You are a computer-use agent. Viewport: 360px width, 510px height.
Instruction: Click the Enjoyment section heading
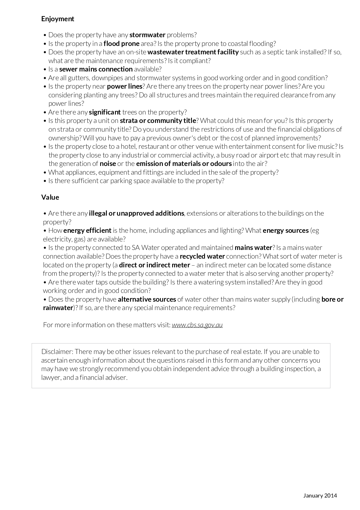click(x=57, y=19)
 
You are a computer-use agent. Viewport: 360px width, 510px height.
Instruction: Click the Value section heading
click(x=50, y=197)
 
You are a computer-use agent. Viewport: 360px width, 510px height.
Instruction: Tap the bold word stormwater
click(x=147, y=35)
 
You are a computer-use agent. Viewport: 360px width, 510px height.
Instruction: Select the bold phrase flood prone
click(x=121, y=44)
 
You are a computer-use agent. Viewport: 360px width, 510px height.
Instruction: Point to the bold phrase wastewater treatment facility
click(x=193, y=52)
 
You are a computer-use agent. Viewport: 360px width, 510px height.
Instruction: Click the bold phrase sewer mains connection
click(x=96, y=69)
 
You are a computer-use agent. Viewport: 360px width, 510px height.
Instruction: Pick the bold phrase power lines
click(x=125, y=86)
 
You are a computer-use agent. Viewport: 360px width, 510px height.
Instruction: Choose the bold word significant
click(x=105, y=112)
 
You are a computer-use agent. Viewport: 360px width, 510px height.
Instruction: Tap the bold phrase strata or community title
click(x=158, y=121)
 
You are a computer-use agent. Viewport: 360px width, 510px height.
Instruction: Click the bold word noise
click(x=108, y=164)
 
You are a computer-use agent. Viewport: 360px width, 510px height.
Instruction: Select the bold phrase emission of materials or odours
click(x=184, y=164)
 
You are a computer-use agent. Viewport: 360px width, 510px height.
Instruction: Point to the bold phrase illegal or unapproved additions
click(x=136, y=213)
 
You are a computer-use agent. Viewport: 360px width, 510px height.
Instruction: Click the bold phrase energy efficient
click(x=87, y=230)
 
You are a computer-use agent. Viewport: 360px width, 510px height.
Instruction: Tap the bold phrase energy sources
click(x=285, y=230)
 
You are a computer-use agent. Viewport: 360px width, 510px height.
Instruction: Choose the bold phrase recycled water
click(x=202, y=256)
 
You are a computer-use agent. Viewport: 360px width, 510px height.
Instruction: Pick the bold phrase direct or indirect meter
click(x=154, y=265)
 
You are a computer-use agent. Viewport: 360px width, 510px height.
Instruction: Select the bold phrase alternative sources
click(x=147, y=299)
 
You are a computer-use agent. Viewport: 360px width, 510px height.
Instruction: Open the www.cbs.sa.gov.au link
click(x=197, y=325)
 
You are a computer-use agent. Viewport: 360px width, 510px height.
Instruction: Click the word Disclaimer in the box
click(x=57, y=352)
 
